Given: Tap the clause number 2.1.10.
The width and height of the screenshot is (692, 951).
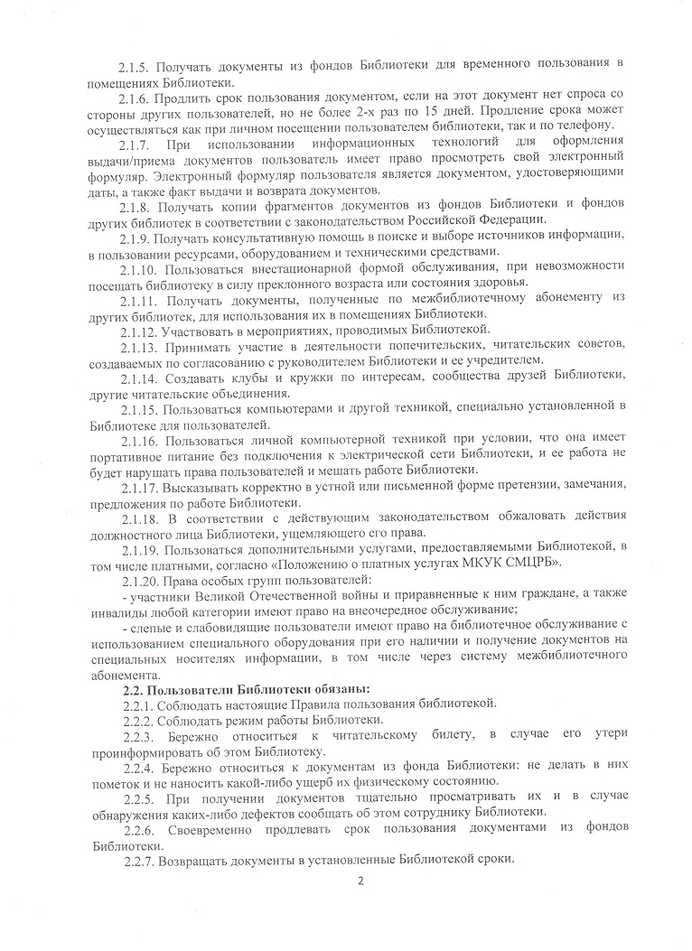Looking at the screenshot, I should pyautogui.click(x=139, y=271).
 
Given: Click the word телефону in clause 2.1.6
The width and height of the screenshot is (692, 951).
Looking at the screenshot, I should pyautogui.click(x=586, y=124).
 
